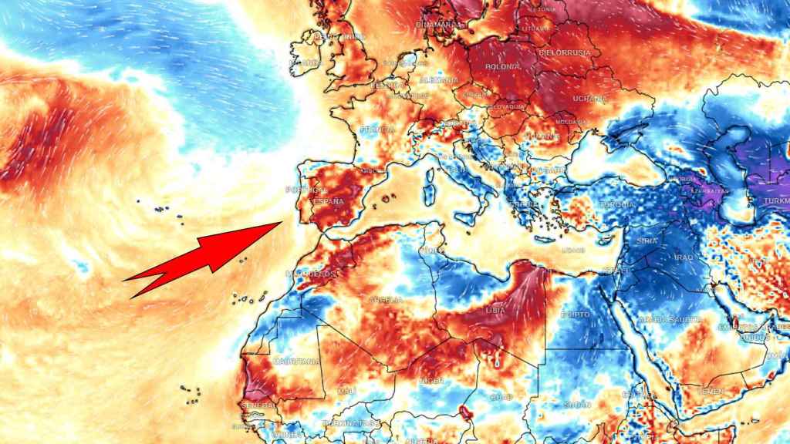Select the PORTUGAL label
click(302, 190)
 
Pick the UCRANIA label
click(590, 99)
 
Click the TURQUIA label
click(617, 204)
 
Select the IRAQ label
click(685, 257)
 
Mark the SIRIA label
click(647, 241)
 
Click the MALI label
click(345, 391)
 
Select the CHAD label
click(499, 398)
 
